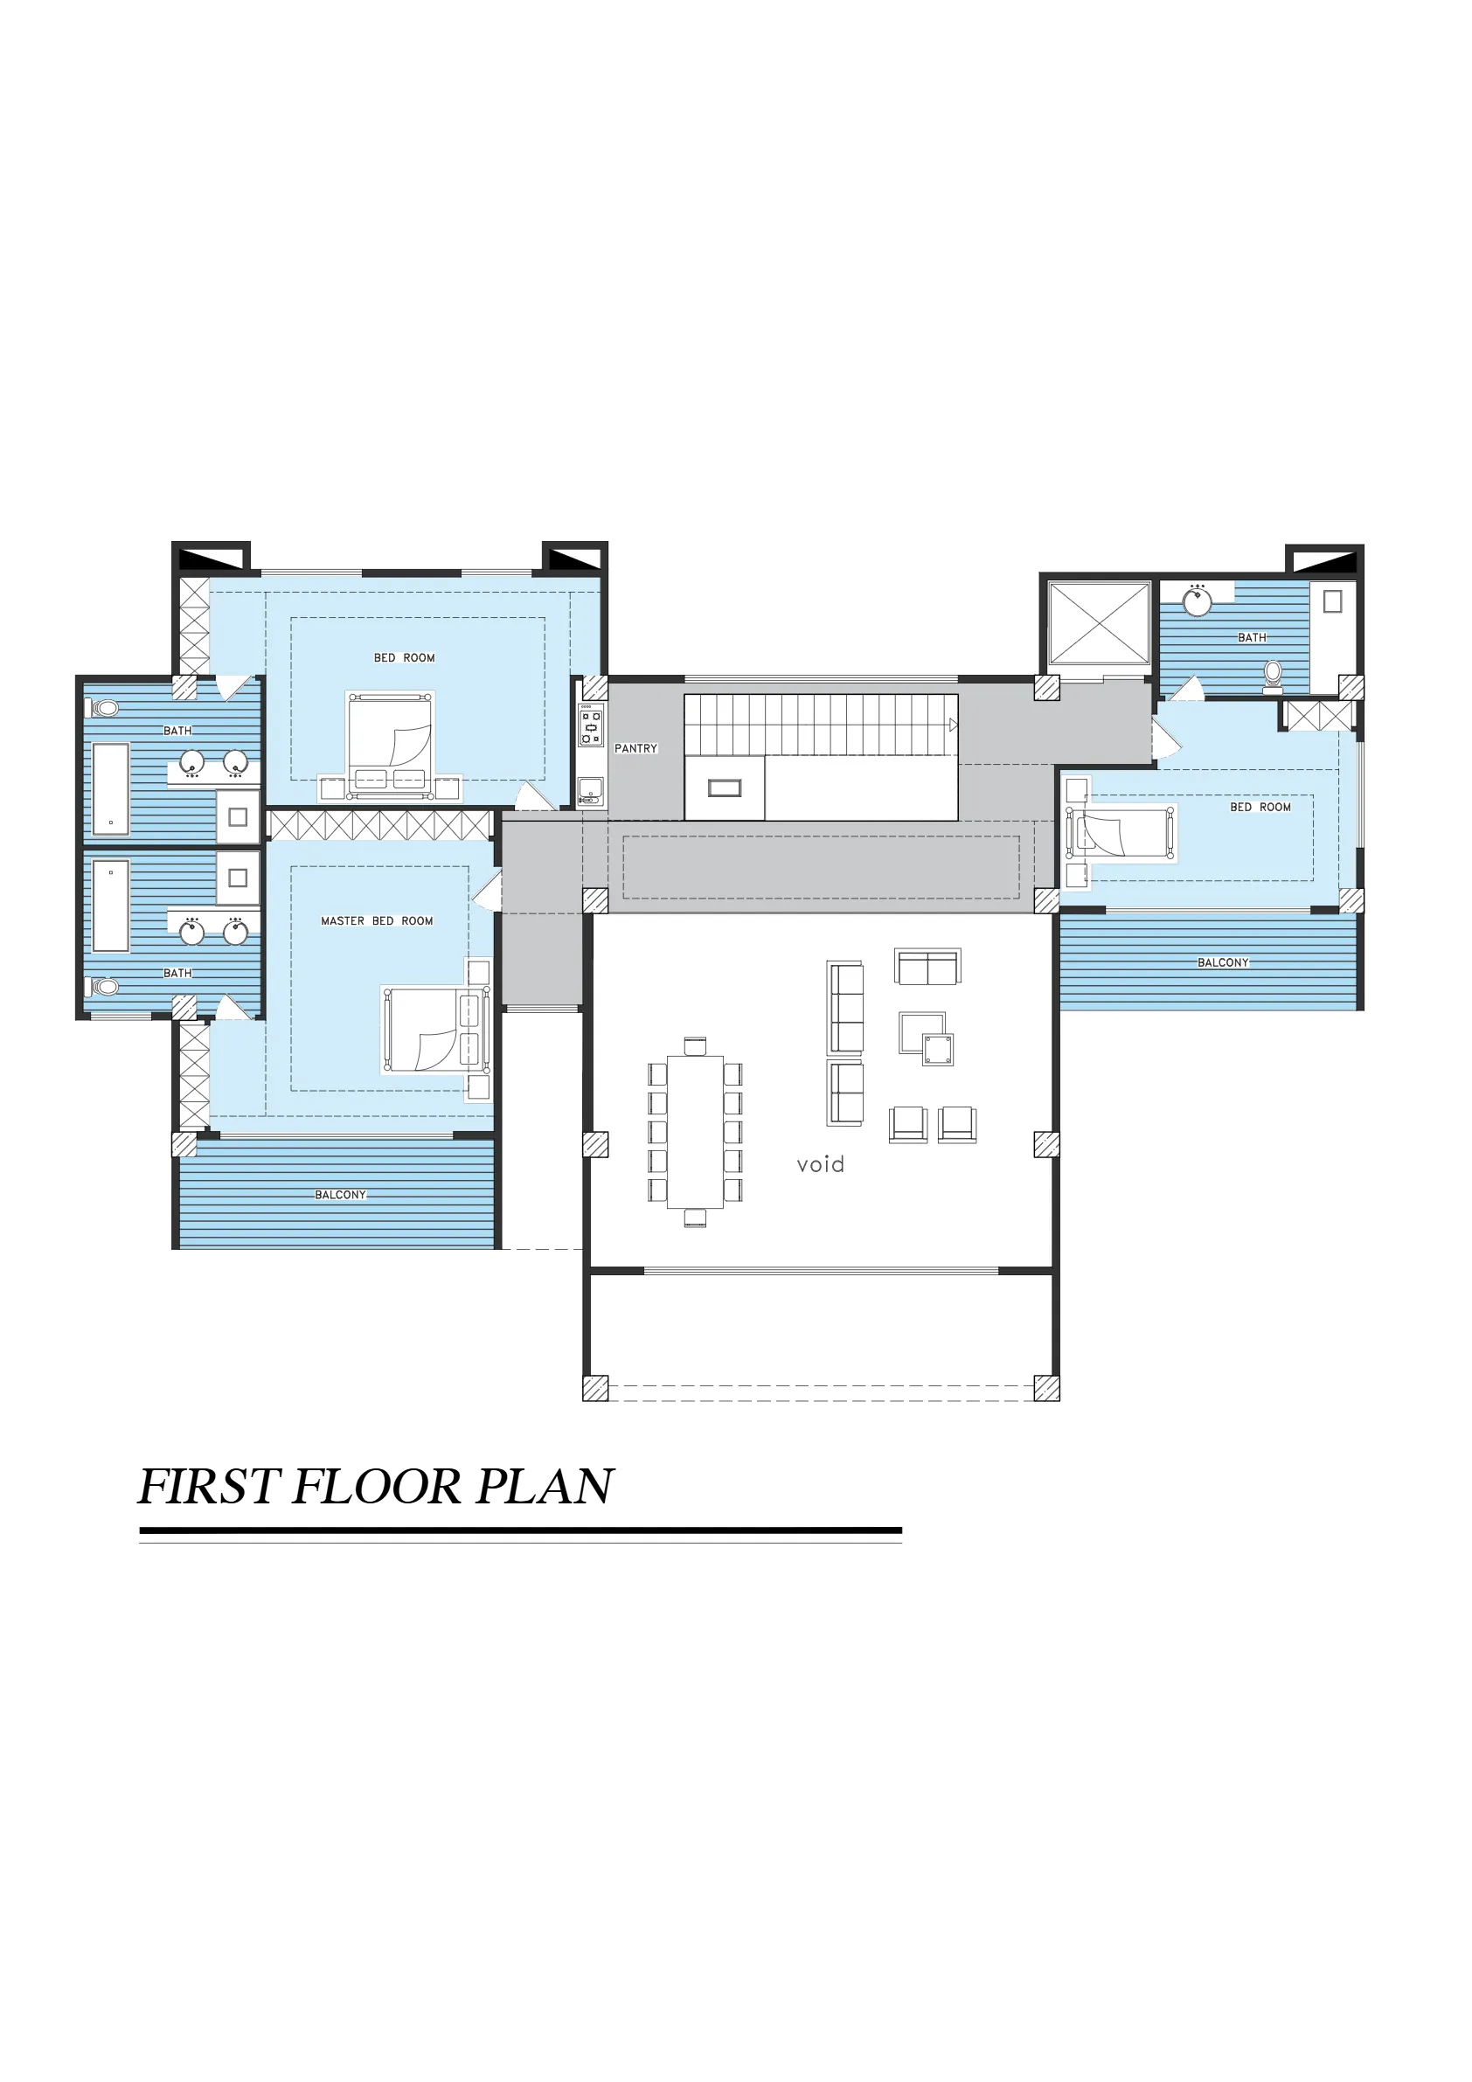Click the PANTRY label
point(635,748)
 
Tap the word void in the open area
point(820,1164)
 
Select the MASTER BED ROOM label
point(377,920)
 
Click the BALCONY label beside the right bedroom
point(1223,962)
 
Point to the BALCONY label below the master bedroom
point(340,1194)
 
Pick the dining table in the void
point(695,1132)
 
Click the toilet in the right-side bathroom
point(1273,674)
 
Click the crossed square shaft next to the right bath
point(1100,623)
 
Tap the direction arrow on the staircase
point(954,725)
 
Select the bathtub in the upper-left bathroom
point(111,786)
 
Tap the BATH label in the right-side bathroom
point(1252,637)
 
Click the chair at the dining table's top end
point(695,1046)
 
